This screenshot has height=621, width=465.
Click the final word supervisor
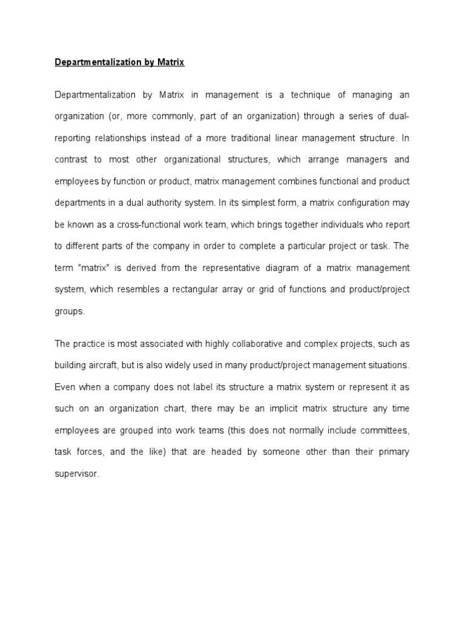click(76, 473)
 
